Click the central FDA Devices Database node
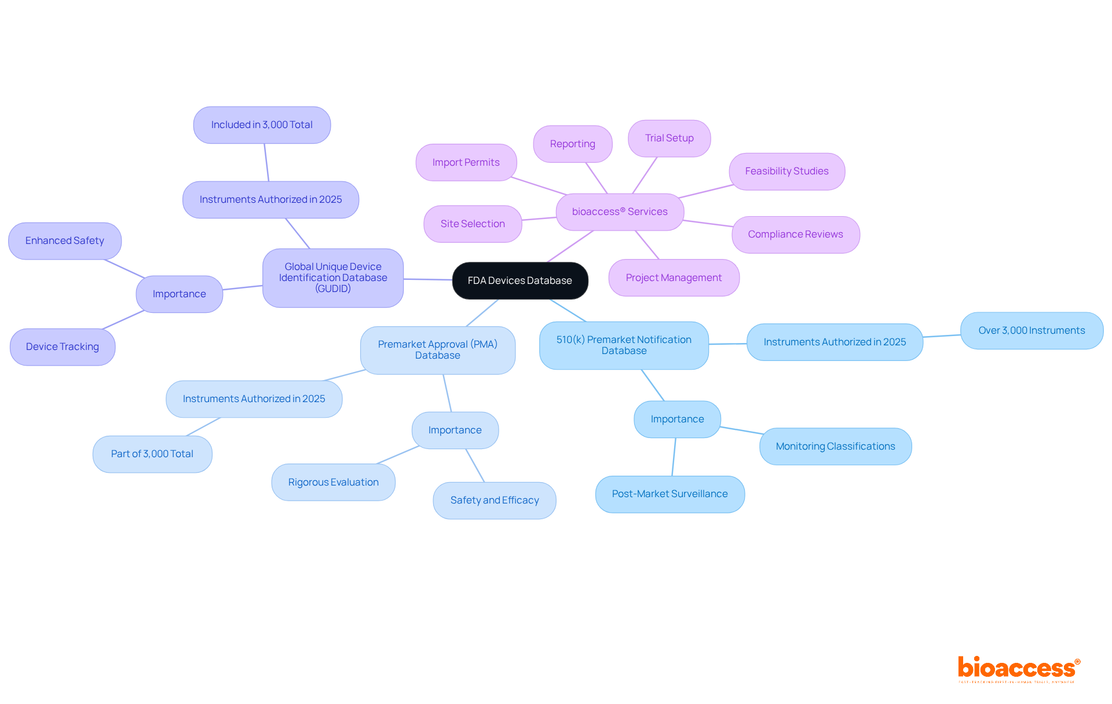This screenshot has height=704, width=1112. coord(520,280)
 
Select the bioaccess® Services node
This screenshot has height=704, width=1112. coord(620,212)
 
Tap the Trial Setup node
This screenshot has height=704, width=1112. coord(669,138)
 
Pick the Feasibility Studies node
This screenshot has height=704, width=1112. coord(787,172)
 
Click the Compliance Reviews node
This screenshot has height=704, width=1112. coord(795,235)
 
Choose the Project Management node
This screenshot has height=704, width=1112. coord(674,278)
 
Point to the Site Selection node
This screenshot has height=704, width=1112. coord(473,224)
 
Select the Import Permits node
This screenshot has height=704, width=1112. coord(466,163)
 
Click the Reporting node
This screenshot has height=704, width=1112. coord(572,144)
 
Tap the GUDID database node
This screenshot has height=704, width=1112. coord(333,278)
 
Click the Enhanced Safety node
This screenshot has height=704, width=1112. coord(65,241)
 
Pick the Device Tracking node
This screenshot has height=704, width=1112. coord(63,347)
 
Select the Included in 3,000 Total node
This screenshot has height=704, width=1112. coord(262,125)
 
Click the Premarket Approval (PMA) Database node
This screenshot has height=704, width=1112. coord(437,350)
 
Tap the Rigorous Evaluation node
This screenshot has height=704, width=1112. coord(333,483)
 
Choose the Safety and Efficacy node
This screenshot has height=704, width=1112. coord(495,501)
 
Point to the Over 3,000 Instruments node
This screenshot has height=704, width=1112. coord(1031,331)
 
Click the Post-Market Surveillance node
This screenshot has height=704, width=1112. coord(670,494)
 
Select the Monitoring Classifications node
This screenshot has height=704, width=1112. coord(835,447)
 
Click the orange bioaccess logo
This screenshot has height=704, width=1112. coord(1018,668)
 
